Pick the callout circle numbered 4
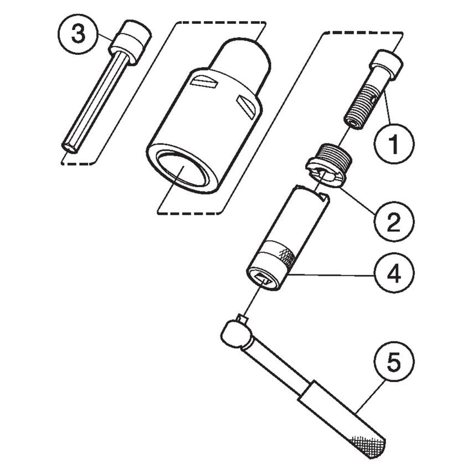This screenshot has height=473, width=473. (x=393, y=275)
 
